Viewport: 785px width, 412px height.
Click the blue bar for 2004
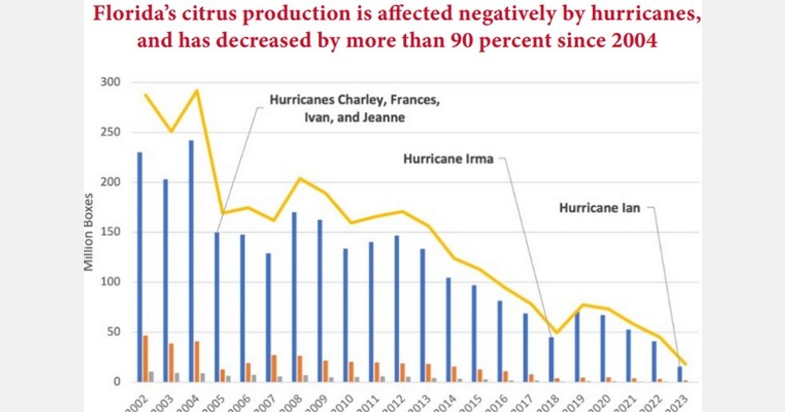pos(191,262)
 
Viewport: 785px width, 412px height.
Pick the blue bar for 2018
pos(551,360)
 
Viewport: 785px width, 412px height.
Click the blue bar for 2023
pos(679,374)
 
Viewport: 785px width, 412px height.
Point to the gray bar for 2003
pos(177,377)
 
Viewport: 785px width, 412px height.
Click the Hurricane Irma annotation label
pos(448,159)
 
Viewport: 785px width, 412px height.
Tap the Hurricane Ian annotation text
pos(599,208)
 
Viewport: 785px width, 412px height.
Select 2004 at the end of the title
pos(629,41)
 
